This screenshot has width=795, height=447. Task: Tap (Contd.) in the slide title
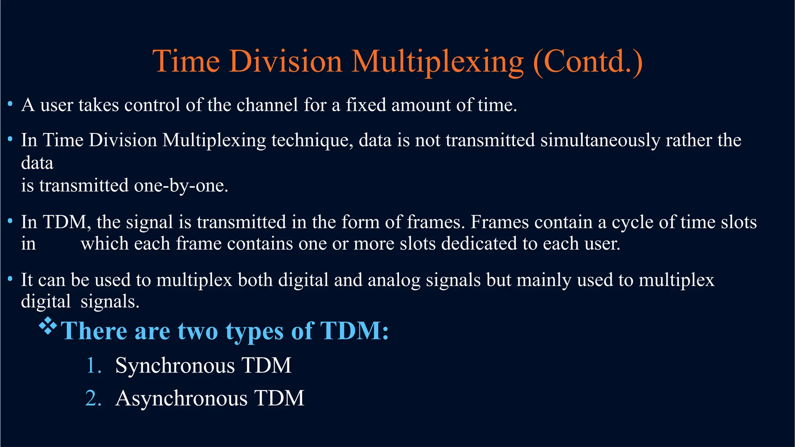[588, 62]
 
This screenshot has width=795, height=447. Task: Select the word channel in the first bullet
[267, 105]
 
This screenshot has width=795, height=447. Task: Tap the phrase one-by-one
[181, 185]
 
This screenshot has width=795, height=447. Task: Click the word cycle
[632, 222]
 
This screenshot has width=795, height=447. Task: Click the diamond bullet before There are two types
[48, 326]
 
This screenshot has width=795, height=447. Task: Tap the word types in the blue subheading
[255, 331]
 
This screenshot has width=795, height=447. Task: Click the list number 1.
[93, 366]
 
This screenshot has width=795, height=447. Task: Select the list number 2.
[93, 398]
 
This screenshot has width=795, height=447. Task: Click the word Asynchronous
[181, 398]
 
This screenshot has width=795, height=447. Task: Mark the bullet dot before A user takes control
[10, 104]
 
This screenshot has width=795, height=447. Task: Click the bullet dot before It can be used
[10, 279]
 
